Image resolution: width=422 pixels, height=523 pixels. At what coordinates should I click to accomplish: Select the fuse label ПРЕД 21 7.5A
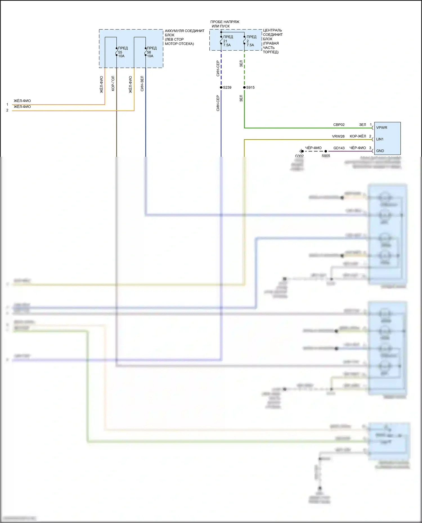227,41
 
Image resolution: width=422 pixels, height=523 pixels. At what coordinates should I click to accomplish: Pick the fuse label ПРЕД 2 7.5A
251,41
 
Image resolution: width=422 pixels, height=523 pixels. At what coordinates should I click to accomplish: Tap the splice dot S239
221,87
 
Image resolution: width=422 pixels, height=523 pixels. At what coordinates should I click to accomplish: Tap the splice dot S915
244,87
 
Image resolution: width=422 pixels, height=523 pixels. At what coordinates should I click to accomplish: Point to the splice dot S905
326,151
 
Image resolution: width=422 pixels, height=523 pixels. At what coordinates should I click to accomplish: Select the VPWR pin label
381,128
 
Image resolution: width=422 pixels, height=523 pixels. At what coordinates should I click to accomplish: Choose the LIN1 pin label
380,139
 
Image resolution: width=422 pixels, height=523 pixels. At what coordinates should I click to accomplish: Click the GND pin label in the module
380,151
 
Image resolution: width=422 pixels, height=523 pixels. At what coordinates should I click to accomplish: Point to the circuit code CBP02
339,125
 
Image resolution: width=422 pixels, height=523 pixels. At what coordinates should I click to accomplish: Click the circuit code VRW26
338,136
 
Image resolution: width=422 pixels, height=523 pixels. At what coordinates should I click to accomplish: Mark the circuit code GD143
339,148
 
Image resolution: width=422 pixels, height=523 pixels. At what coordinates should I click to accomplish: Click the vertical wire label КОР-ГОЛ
113,83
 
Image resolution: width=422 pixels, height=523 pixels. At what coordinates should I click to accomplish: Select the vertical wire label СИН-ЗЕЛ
142,83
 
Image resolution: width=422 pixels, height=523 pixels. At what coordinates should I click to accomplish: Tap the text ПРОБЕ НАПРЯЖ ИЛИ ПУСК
225,24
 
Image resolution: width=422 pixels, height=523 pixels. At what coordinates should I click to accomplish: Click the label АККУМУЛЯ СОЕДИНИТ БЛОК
184,33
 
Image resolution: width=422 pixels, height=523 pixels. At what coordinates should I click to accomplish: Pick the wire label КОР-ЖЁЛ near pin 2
358,136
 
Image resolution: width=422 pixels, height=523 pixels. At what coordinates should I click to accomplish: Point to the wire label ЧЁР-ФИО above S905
313,148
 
